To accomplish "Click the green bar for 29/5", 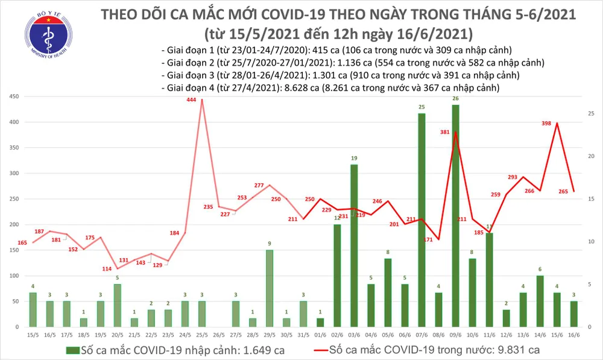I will click(x=270, y=288).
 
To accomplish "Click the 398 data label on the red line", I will click(x=547, y=124).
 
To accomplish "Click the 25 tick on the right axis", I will click(x=592, y=113).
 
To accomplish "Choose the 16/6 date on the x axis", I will click(x=573, y=335).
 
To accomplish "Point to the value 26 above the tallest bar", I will click(x=455, y=99).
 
